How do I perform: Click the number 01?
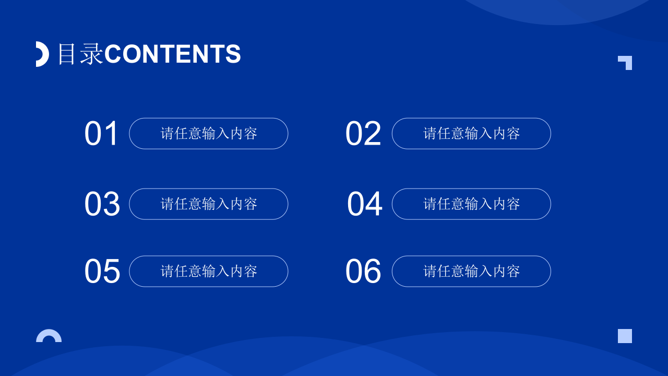[x=102, y=134]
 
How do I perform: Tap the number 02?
[x=363, y=134]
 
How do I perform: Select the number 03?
[x=102, y=204]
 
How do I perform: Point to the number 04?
[x=364, y=204]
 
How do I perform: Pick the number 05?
[x=102, y=271]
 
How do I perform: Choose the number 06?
[x=363, y=271]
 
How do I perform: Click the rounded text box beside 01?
[x=209, y=134]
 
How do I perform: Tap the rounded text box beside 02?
[x=471, y=134]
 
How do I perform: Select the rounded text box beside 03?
[x=209, y=204]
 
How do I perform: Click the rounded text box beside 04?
[x=471, y=204]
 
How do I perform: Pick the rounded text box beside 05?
[x=209, y=271]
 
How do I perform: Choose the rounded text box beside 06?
[x=471, y=271]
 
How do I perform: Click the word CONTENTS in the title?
[x=172, y=54]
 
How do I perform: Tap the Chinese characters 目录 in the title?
[x=80, y=54]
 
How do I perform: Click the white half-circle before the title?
[x=42, y=54]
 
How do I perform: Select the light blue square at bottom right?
[x=625, y=336]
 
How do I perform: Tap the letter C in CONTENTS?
[x=113, y=54]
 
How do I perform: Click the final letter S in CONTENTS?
[x=233, y=54]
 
